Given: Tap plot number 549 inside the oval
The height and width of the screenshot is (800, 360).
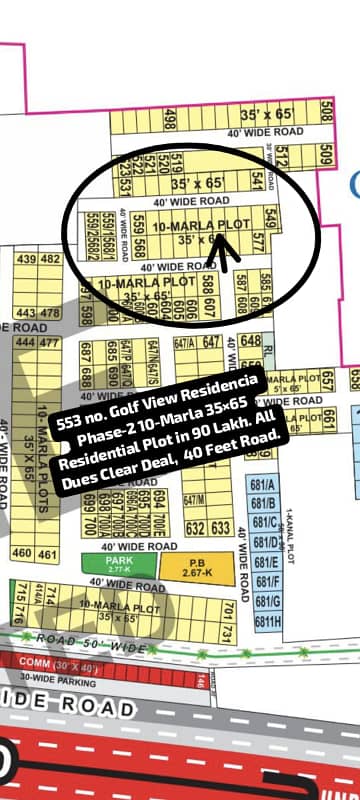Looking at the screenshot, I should pos(270,214).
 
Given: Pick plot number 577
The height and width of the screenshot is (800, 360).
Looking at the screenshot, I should pos(258,241).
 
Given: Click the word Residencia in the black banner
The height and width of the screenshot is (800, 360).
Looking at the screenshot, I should pos(225,389).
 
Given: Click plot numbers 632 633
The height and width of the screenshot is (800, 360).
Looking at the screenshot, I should pos(208,527).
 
